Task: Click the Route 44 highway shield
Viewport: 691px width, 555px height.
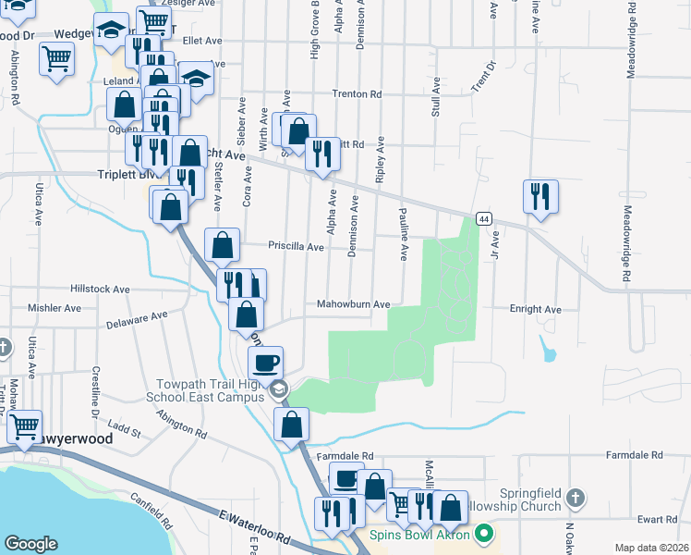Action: click(483, 218)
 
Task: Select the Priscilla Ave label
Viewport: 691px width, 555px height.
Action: click(296, 247)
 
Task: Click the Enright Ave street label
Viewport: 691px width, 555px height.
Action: click(535, 309)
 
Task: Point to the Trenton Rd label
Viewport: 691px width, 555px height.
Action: click(357, 94)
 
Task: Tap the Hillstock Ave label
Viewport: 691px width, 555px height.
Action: click(102, 289)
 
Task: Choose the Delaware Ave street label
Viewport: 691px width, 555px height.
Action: click(137, 320)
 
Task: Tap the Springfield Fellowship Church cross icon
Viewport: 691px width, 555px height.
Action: click(576, 497)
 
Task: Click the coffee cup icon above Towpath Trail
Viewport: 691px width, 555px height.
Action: click(266, 362)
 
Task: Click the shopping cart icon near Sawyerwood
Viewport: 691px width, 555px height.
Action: click(25, 425)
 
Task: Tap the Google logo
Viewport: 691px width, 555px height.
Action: click(30, 544)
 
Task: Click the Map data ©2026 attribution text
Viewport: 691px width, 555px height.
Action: click(651, 548)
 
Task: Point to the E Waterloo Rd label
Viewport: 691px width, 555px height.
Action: click(255, 528)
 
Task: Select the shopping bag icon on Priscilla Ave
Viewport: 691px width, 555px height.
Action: click(222, 245)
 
